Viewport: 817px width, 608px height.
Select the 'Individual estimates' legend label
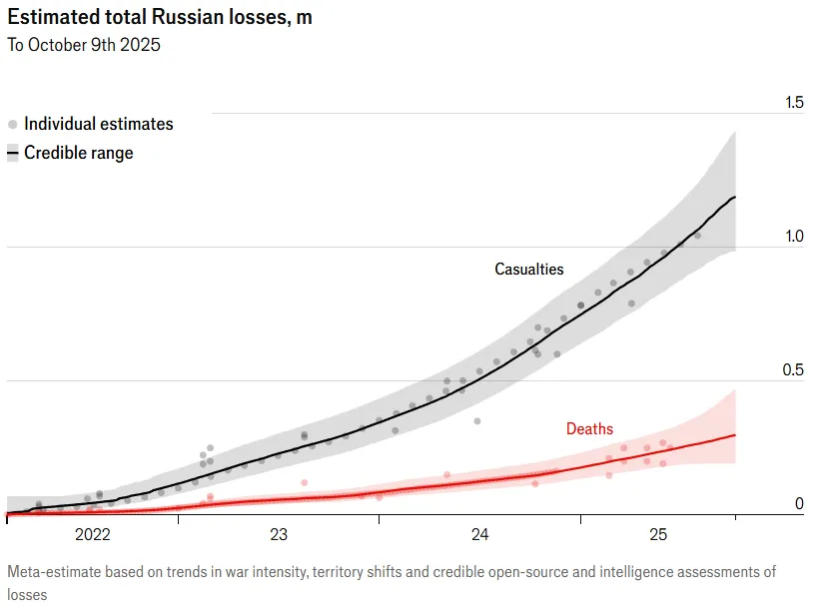(98, 125)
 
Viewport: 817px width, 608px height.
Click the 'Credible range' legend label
(78, 154)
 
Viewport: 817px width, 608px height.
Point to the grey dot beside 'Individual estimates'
(12, 125)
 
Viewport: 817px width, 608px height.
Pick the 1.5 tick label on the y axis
(794, 103)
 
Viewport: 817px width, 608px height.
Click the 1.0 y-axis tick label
(794, 237)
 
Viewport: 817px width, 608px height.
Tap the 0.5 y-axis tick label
(794, 370)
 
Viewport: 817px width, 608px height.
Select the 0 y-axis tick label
(799, 504)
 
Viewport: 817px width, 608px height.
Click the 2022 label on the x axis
(93, 536)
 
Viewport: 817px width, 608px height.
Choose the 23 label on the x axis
(279, 536)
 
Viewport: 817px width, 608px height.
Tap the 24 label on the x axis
(479, 536)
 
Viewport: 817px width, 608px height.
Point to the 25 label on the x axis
(658, 536)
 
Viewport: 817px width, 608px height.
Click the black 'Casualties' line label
(529, 270)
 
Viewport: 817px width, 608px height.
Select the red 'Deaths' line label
(589, 429)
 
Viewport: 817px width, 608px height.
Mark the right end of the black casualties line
(735, 198)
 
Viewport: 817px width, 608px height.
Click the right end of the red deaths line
(735, 434)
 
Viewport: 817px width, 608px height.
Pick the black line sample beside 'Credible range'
(12, 154)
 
